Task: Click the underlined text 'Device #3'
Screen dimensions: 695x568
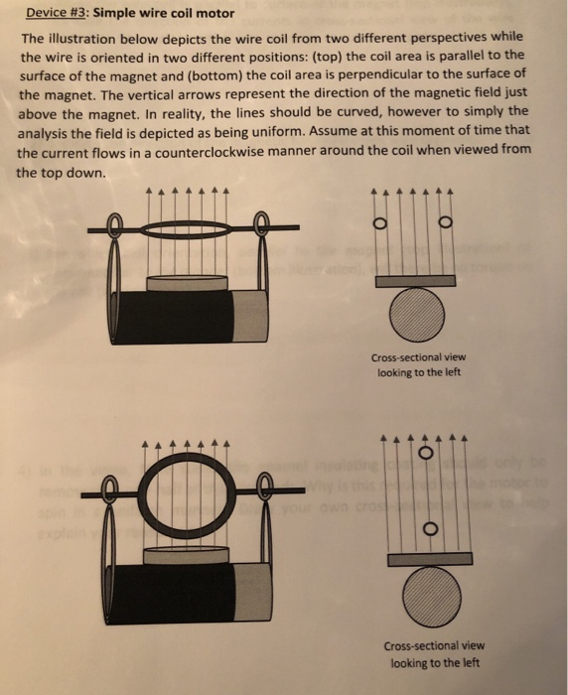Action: (x=54, y=13)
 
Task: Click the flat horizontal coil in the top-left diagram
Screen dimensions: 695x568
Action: (x=188, y=226)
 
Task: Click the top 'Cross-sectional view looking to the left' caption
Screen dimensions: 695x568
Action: (x=417, y=365)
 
